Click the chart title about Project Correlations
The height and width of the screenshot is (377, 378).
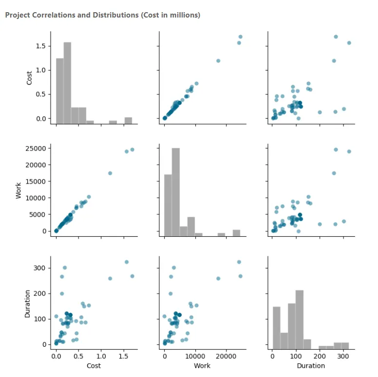pyautogui.click(x=102, y=15)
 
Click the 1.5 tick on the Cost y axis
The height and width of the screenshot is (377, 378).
pyautogui.click(x=41, y=46)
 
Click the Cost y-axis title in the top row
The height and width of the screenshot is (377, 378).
pyautogui.click(x=29, y=77)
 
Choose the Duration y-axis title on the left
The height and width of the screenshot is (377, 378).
pyautogui.click(x=28, y=303)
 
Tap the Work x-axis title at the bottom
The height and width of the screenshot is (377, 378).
pyautogui.click(x=202, y=365)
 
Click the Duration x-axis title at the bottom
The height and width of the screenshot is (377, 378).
pyautogui.click(x=311, y=365)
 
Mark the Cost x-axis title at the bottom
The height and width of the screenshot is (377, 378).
pyautogui.click(x=94, y=365)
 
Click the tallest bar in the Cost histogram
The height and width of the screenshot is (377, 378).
pyautogui.click(x=67, y=83)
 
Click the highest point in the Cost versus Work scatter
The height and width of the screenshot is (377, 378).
pyautogui.click(x=240, y=37)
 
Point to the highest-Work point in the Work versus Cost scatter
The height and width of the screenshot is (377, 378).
pyautogui.click(x=132, y=150)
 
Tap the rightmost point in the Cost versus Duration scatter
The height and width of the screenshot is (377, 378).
pyautogui.click(x=349, y=43)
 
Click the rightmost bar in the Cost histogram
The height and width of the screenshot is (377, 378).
pyautogui.click(x=128, y=120)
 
